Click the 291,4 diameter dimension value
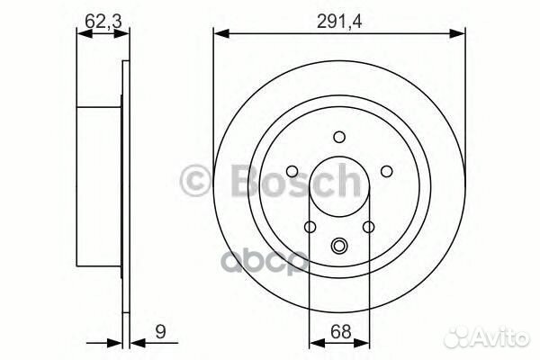point(339,15)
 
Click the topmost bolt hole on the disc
point(339,137)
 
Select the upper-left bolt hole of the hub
point(293,171)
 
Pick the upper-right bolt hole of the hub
point(385,171)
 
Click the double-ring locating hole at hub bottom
point(339,245)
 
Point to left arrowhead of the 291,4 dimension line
point(219,34)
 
